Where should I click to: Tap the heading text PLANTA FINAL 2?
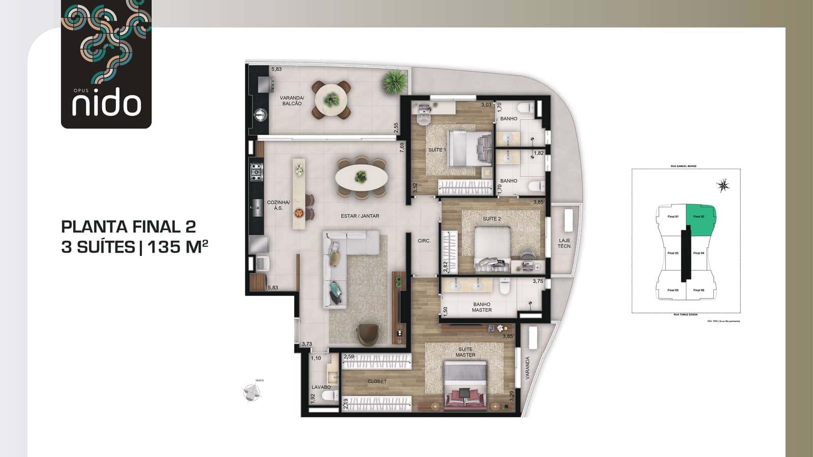(x=128, y=226)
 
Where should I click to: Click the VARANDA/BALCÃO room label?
(x=292, y=101)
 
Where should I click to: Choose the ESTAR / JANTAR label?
(x=360, y=216)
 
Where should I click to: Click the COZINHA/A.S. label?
(x=278, y=205)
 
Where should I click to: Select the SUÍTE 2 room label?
(x=491, y=219)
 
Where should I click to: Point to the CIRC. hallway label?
(x=424, y=241)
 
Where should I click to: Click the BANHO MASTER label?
(x=481, y=307)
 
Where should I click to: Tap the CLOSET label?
(x=377, y=381)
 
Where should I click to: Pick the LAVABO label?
(x=321, y=387)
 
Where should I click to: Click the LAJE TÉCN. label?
(x=564, y=243)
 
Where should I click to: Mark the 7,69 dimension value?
(x=402, y=147)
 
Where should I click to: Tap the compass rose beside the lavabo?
(x=252, y=392)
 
